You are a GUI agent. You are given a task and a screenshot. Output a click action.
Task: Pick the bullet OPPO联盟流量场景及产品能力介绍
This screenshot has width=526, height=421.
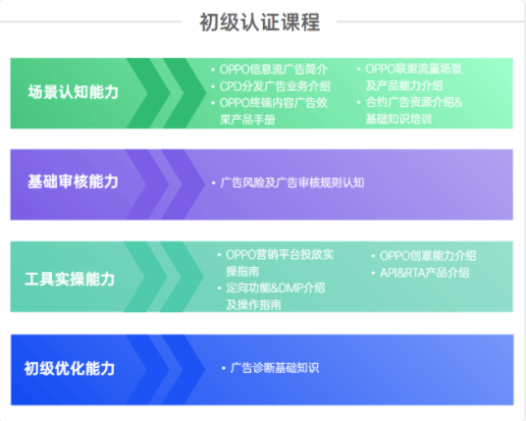tap(413, 77)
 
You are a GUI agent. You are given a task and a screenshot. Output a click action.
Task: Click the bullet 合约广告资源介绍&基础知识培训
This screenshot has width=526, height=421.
tap(413, 110)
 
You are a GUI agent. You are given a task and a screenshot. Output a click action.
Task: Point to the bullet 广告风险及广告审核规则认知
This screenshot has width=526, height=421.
tap(291, 183)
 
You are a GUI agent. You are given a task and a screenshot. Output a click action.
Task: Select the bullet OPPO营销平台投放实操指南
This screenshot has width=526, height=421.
tap(279, 262)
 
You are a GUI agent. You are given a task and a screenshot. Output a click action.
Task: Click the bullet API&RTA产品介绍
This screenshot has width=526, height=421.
tap(424, 272)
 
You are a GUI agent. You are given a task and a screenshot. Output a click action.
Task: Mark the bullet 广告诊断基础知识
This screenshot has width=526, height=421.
tap(274, 368)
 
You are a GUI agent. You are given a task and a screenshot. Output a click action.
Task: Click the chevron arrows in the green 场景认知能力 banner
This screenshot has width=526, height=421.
tap(167, 92)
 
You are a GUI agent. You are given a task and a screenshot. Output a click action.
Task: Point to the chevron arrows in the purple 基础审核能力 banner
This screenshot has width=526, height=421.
tap(167, 183)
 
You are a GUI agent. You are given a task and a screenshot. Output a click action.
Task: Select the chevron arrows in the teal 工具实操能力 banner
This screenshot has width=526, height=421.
tap(167, 279)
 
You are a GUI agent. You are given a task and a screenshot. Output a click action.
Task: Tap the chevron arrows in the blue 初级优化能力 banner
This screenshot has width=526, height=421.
tap(167, 369)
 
